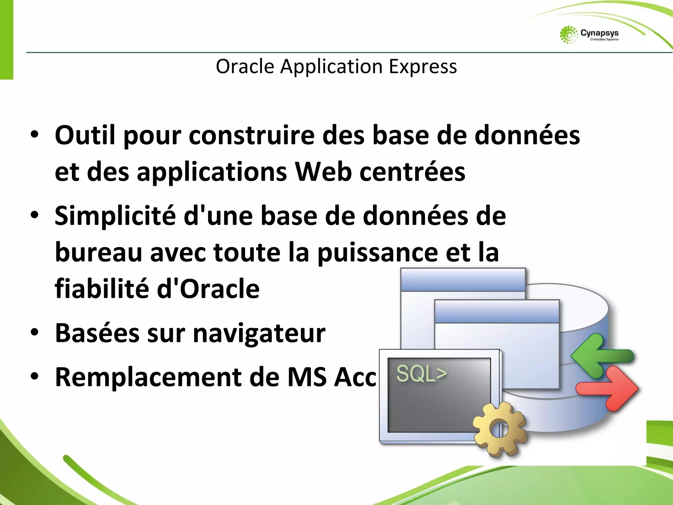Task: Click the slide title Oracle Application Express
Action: [x=336, y=66]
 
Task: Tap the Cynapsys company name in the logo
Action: [x=599, y=33]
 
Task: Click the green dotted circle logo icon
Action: [x=569, y=35]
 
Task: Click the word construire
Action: [x=251, y=135]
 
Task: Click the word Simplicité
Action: [x=115, y=216]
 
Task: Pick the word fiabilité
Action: [x=102, y=289]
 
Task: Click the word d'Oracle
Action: [x=208, y=289]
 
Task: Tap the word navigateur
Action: [x=259, y=333]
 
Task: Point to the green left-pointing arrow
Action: [x=601, y=356]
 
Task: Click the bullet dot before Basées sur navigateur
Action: [x=35, y=332]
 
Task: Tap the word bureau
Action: [x=98, y=252]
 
